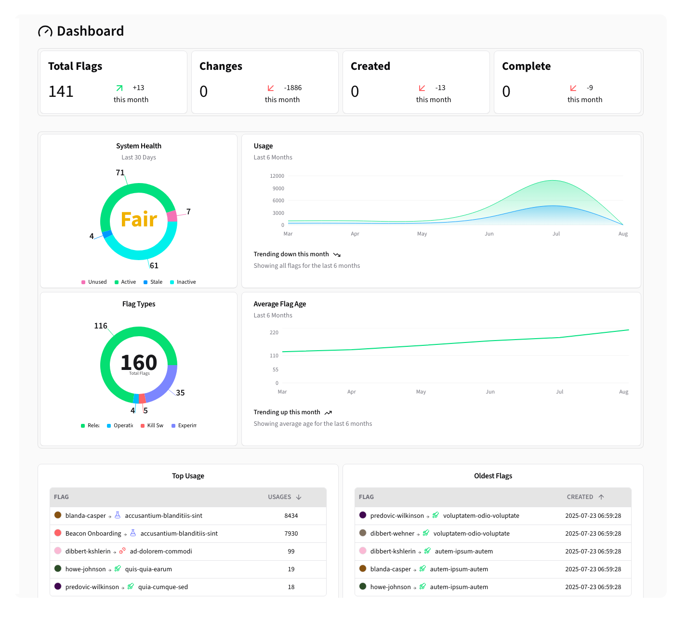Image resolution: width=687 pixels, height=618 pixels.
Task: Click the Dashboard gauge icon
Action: click(x=45, y=31)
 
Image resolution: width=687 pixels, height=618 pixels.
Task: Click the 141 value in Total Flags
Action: click(x=61, y=92)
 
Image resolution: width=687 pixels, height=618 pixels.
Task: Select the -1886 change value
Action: click(x=292, y=88)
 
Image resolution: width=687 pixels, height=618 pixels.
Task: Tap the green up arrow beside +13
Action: click(x=119, y=88)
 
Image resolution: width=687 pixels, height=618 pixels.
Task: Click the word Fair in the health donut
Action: click(x=139, y=220)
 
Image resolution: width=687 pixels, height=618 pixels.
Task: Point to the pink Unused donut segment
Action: click(x=172, y=216)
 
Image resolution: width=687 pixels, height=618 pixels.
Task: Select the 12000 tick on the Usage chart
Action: click(x=277, y=176)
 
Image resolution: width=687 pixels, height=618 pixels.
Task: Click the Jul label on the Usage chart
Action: click(x=556, y=234)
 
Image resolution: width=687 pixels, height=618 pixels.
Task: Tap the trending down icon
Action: click(x=337, y=254)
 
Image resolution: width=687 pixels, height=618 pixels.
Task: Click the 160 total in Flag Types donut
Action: click(x=139, y=362)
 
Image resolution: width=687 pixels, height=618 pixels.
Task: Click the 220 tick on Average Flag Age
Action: click(x=274, y=332)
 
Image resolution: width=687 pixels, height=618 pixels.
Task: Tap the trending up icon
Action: click(x=328, y=412)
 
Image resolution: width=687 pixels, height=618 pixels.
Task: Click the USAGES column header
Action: click(x=279, y=497)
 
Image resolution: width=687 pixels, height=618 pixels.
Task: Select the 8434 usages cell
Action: click(x=291, y=515)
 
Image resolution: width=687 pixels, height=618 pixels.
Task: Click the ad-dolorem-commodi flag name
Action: click(x=161, y=551)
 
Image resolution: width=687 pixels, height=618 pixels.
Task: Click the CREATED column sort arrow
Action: click(x=601, y=497)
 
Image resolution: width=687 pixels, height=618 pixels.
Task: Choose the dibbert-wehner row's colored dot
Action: click(x=363, y=533)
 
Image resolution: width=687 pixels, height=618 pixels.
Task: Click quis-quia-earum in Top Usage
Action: click(x=148, y=569)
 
